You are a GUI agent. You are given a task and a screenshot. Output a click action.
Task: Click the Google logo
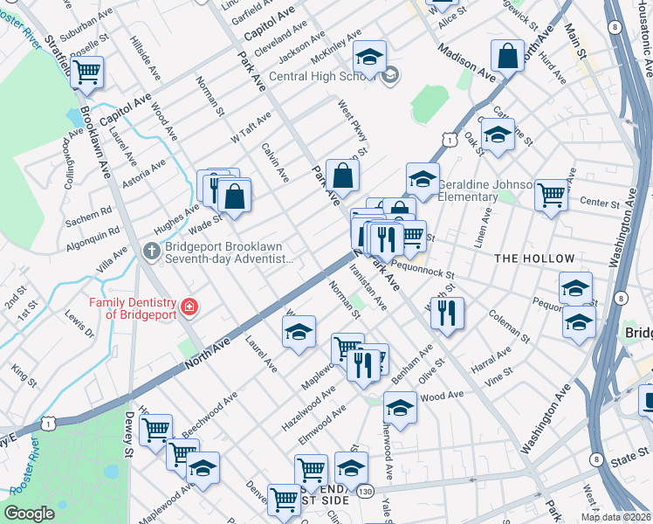coord(29,514)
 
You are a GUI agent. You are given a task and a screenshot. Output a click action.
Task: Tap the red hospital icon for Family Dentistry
coord(189,307)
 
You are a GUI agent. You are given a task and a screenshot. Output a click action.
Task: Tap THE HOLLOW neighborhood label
coord(534,259)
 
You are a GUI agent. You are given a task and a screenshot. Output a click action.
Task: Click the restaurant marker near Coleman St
coord(447,314)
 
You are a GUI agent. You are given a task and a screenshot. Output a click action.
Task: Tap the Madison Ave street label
coord(466,64)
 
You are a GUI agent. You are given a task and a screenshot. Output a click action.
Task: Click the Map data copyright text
coord(616,517)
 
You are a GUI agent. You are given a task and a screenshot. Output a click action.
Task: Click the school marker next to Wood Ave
coord(400,408)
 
